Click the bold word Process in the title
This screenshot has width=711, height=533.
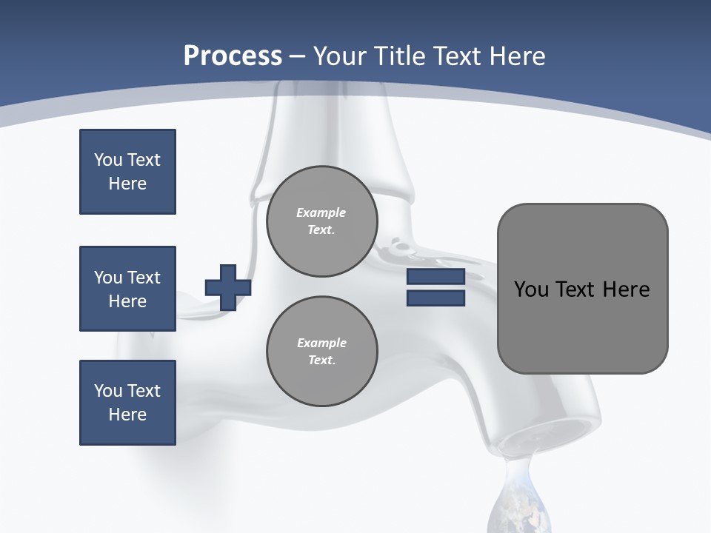point(233,56)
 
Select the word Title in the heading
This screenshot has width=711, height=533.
point(398,56)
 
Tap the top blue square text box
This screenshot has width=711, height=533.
point(127,172)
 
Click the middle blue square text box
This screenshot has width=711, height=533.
point(127,289)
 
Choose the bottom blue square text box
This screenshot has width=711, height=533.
point(127,403)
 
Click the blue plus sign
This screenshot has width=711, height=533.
point(228,287)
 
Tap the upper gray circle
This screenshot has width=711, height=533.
point(322,221)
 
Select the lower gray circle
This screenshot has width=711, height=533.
point(322,352)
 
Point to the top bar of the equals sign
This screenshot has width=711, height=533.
point(435,277)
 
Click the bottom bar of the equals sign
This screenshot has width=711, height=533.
point(435,298)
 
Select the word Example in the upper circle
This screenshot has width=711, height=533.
point(321,212)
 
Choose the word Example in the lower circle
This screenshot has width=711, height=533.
point(321,343)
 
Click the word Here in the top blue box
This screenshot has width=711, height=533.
point(127,184)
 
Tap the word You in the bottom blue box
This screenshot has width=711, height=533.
point(107,391)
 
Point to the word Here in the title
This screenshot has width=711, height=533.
point(515,56)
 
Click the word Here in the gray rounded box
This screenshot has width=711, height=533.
point(626,289)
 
